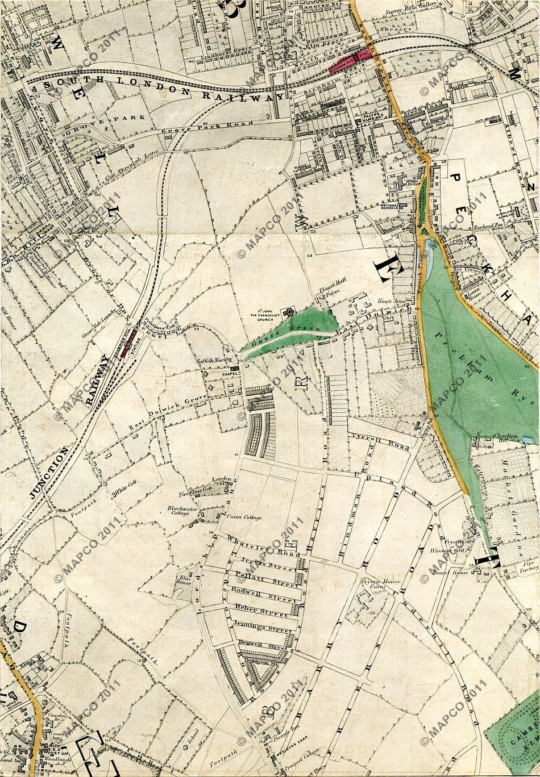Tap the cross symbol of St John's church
pos(290,312)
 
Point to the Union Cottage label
pos(246,517)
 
